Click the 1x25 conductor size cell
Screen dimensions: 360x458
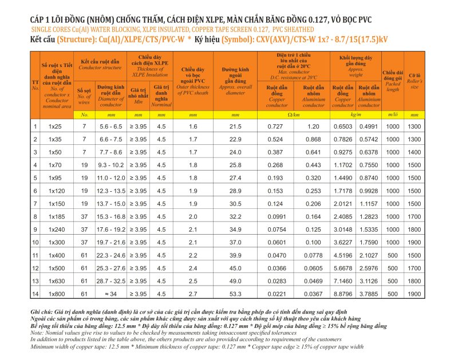[x=54, y=126]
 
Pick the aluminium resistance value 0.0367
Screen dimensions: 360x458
[x=313, y=294]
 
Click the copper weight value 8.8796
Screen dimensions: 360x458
[x=343, y=294]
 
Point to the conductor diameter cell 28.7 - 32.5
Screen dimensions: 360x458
[x=110, y=281]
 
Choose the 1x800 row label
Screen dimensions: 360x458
[x=54, y=294]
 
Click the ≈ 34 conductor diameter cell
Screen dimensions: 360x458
[x=110, y=294]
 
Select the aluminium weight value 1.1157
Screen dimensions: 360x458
[x=369, y=204]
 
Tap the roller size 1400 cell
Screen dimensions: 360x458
[x=414, y=152]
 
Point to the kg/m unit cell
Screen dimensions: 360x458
[x=356, y=115]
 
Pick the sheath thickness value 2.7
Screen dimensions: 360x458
[x=193, y=294]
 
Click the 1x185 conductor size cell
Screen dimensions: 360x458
[x=54, y=216]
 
